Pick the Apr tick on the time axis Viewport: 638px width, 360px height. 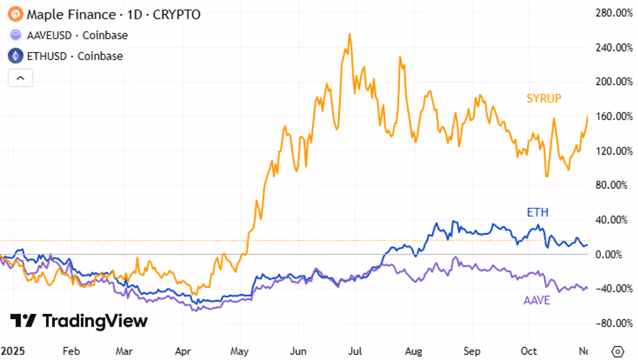click(x=183, y=351)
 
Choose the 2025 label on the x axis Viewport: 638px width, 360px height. click(x=11, y=351)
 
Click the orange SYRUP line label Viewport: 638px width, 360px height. click(x=544, y=99)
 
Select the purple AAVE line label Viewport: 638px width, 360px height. click(x=537, y=300)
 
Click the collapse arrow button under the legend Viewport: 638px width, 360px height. click(x=20, y=78)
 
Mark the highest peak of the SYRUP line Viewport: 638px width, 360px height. click(x=349, y=34)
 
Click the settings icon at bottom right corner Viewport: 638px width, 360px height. click(x=618, y=351)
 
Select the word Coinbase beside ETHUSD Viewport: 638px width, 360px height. click(x=99, y=56)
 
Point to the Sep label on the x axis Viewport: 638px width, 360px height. click(x=471, y=351)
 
